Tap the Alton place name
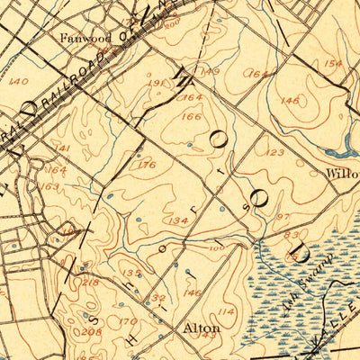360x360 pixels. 202,329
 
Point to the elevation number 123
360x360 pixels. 275,153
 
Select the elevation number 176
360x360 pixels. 148,165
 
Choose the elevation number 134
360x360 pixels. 176,220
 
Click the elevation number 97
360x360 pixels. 283,218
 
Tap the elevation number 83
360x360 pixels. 292,235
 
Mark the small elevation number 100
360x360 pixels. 216,247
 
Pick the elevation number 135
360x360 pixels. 131,273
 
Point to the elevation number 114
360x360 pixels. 225,311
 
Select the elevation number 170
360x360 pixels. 130,320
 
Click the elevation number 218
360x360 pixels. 91,283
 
